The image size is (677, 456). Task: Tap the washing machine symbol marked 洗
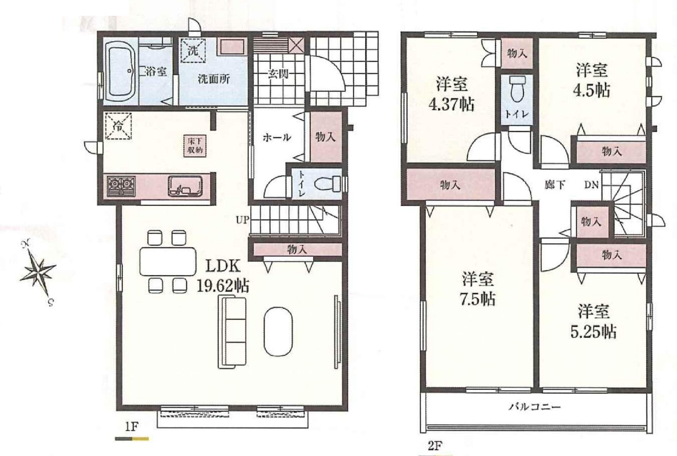point(192,50)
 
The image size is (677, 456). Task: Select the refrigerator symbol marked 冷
point(118,126)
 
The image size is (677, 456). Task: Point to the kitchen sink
point(185,186)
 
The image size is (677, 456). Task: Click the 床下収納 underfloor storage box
point(195,146)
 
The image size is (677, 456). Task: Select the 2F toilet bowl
point(518,88)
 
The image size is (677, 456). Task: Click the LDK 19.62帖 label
point(223,276)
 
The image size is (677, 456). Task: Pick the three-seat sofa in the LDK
point(232,333)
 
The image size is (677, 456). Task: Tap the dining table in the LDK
point(168,262)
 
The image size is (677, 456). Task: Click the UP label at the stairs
point(243,220)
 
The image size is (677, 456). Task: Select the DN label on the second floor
point(591,185)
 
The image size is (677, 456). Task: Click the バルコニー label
point(535,407)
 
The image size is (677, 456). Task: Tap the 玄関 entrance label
point(278,74)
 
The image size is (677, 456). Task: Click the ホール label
point(277,138)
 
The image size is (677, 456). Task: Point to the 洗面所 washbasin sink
point(232,47)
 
